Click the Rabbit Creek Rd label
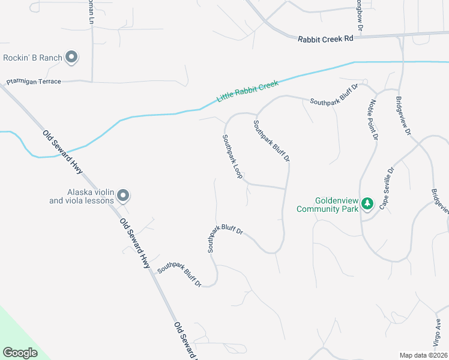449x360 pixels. pyautogui.click(x=325, y=39)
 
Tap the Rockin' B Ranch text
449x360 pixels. pyautogui.click(x=33, y=58)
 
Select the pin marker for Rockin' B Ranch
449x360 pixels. pyautogui.click(x=72, y=58)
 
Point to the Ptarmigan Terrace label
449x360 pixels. pyautogui.click(x=34, y=81)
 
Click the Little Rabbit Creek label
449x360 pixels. pyautogui.click(x=247, y=92)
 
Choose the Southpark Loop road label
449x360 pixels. pyautogui.click(x=232, y=156)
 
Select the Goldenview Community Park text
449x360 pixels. pyautogui.click(x=327, y=205)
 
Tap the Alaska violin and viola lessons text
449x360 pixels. pyautogui.click(x=82, y=196)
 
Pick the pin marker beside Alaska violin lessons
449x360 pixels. pyautogui.click(x=123, y=196)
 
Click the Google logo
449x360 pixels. pyautogui.click(x=20, y=353)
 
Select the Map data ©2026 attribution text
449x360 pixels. pyautogui.click(x=423, y=355)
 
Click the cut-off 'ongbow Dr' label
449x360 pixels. pyautogui.click(x=361, y=19)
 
